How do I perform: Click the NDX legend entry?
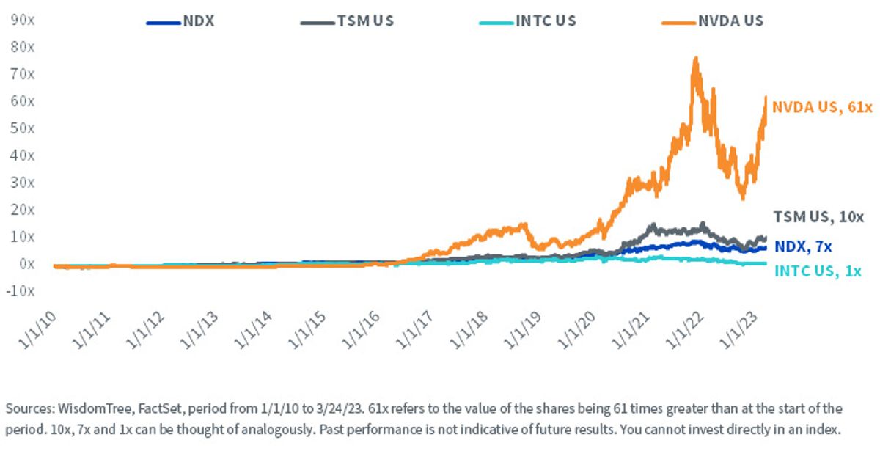[180, 21]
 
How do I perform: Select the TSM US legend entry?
[348, 21]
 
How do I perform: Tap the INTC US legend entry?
[527, 21]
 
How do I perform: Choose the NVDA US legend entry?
[713, 21]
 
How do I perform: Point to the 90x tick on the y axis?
[23, 20]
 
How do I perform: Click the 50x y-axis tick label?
[23, 128]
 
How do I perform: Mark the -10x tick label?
[21, 291]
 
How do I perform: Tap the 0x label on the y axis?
[26, 264]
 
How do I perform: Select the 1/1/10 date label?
[37, 331]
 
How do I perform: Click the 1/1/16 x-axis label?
[361, 331]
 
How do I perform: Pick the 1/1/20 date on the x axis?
[576, 331]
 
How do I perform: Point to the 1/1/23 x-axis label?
[738, 331]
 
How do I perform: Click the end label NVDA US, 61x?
[822, 107]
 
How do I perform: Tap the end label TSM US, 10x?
[818, 217]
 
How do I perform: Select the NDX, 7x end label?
[803, 246]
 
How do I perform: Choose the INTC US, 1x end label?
[818, 271]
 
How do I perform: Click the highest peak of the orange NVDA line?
[696, 58]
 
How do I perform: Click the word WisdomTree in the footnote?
[95, 409]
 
